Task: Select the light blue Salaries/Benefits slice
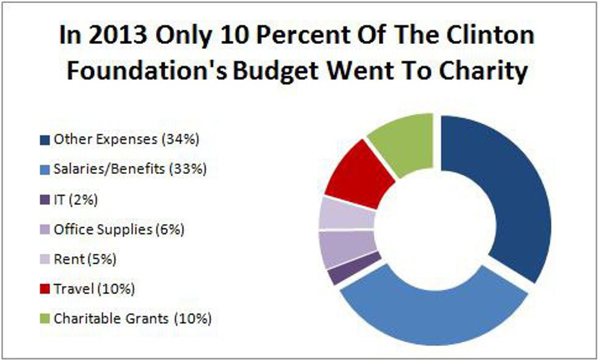(x=427, y=311)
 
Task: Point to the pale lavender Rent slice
(x=345, y=214)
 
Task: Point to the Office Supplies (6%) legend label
(x=119, y=229)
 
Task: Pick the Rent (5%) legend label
(x=85, y=259)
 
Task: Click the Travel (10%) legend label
(x=94, y=289)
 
